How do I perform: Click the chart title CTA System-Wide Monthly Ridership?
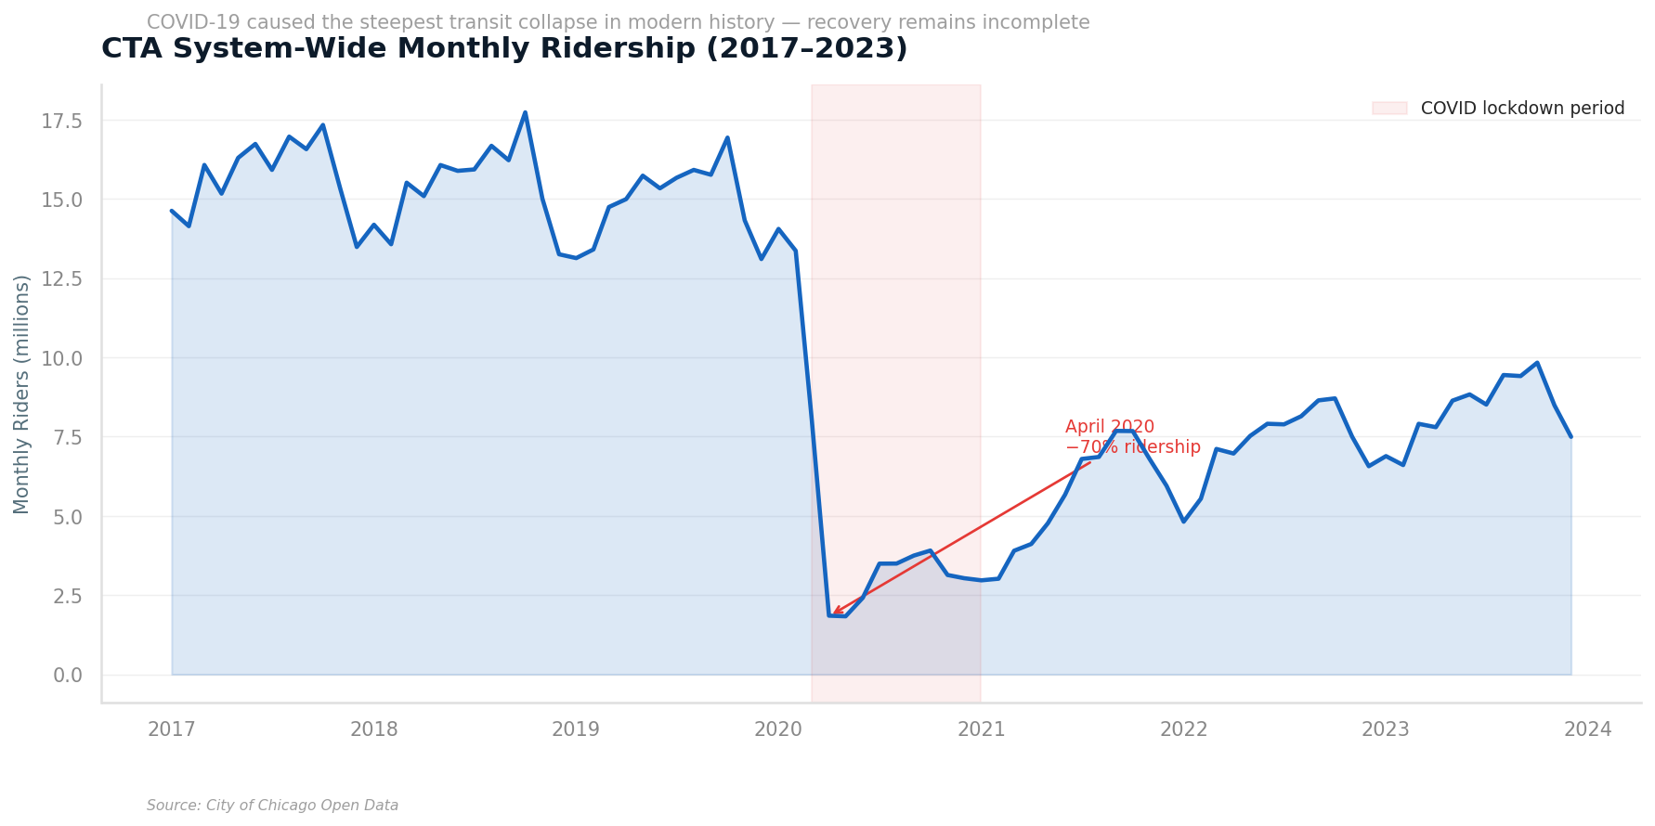[x=503, y=49]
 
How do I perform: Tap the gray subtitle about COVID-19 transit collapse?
[x=618, y=23]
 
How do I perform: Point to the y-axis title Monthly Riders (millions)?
[x=22, y=394]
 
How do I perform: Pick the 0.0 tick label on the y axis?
[x=67, y=675]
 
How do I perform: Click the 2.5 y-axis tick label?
[x=67, y=596]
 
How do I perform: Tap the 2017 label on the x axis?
[x=172, y=730]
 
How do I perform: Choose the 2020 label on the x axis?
[x=778, y=730]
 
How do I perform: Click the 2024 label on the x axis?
[x=1587, y=730]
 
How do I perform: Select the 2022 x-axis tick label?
[x=1183, y=730]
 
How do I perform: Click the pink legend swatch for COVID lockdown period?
[x=1389, y=109]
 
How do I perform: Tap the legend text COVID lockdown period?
[x=1522, y=109]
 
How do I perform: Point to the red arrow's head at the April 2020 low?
[x=833, y=613]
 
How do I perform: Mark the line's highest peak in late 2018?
[x=525, y=113]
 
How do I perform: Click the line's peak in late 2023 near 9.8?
[x=1537, y=363]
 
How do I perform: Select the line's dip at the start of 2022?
[x=1183, y=522]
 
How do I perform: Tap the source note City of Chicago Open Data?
[x=272, y=806]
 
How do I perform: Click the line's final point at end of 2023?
[x=1570, y=436]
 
